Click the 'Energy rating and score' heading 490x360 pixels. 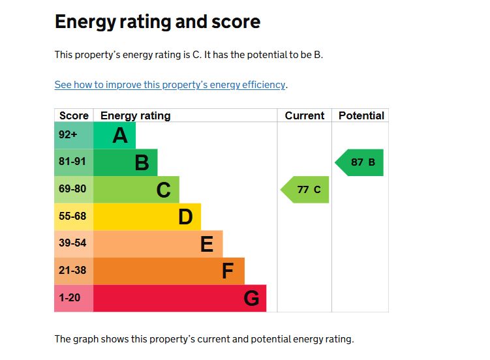(x=157, y=22)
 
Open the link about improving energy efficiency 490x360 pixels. (x=170, y=85)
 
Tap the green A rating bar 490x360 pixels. (x=115, y=136)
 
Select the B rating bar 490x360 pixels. (x=126, y=162)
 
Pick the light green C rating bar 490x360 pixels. (x=136, y=190)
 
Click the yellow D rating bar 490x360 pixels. (x=147, y=217)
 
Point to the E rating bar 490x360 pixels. (x=158, y=244)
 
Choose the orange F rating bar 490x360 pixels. (x=169, y=271)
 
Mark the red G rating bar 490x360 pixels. (x=180, y=298)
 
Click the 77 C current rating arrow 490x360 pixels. (x=305, y=190)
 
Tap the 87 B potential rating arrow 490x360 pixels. (x=360, y=162)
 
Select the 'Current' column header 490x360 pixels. (x=304, y=115)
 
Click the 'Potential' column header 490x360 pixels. (x=361, y=115)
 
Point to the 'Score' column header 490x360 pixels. (x=74, y=115)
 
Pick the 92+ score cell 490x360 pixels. (x=74, y=136)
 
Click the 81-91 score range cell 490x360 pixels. (x=74, y=162)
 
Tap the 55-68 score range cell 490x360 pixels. (x=74, y=217)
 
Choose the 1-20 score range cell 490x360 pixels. (x=74, y=298)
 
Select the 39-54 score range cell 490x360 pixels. (x=74, y=244)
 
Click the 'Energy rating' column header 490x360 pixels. (x=135, y=115)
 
